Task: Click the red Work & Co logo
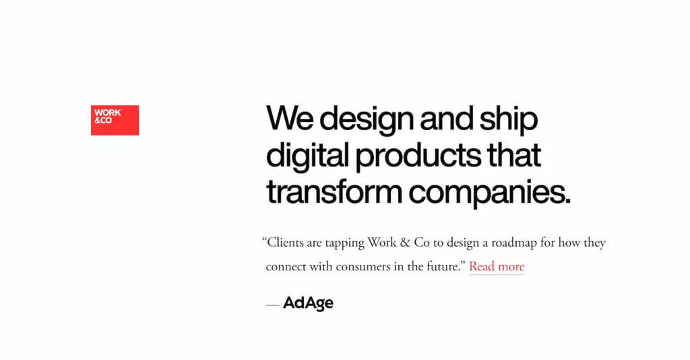[115, 120]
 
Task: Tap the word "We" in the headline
[290, 118]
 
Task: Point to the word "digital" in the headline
[307, 155]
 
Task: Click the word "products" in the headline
[418, 156]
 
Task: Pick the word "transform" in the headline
[334, 192]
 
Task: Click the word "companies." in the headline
[489, 193]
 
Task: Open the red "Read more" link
[497, 266]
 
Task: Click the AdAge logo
[308, 303]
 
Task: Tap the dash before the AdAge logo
[272, 305]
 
